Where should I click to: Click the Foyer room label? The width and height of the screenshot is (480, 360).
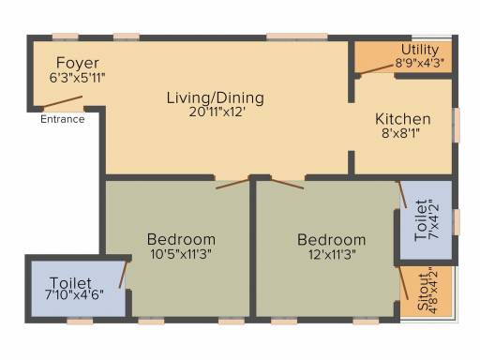78,64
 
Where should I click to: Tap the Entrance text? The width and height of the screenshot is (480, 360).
63,119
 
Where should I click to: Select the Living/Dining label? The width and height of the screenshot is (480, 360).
216,98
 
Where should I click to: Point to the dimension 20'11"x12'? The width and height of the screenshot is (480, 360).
217,112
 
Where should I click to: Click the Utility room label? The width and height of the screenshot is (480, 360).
420,50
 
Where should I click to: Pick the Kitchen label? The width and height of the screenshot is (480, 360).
403,119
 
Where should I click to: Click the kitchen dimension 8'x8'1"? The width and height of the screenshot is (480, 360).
400,133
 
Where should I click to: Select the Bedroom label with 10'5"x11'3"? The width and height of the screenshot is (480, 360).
181,240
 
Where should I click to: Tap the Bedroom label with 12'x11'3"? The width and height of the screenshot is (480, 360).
332,240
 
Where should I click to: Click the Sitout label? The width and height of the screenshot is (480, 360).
423,292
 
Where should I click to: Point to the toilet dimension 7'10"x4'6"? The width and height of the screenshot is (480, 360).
74,295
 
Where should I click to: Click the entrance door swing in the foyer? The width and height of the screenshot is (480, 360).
62,102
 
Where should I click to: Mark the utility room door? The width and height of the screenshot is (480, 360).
376,69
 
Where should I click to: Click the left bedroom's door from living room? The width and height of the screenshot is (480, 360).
232,184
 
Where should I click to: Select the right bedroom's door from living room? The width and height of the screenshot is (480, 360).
288,184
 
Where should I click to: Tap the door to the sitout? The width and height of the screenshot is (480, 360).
403,283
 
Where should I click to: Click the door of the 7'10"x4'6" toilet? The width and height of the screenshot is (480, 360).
124,274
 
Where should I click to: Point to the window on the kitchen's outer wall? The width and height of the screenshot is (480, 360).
457,125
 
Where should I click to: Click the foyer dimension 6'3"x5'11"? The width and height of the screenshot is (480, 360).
77,78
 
